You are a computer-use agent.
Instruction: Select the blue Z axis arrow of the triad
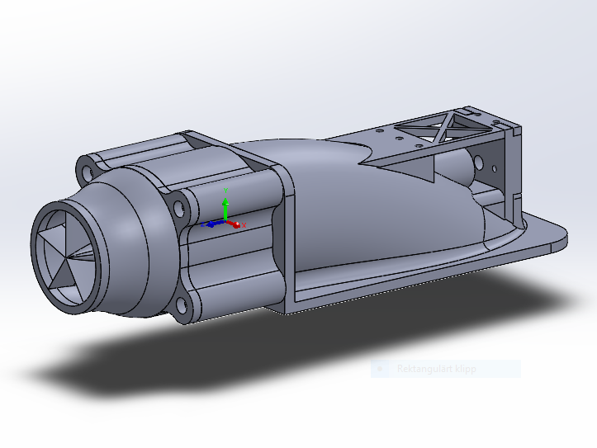coord(211,223)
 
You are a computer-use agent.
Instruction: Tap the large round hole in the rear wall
coord(478,164)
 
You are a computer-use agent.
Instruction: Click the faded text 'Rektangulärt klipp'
coord(436,369)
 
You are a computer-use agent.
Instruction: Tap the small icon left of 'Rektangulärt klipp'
coord(379,369)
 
